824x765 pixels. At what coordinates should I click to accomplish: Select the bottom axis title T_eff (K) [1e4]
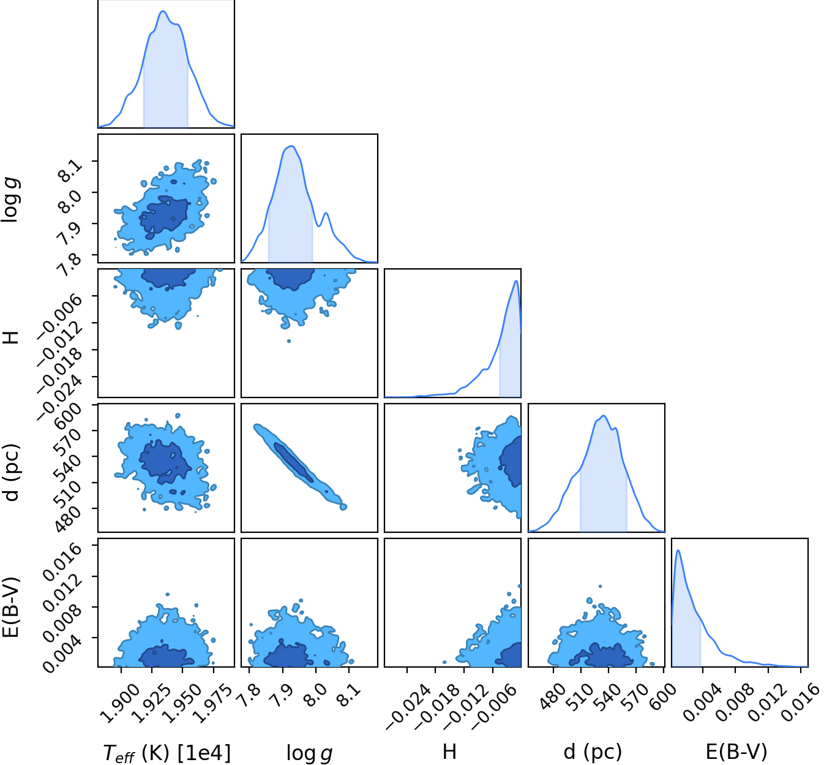coord(167,752)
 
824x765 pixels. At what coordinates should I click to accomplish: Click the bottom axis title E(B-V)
coord(736,751)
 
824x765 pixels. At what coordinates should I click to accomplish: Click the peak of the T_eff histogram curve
coord(163,11)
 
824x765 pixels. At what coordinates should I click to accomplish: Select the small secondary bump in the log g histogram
coord(326,213)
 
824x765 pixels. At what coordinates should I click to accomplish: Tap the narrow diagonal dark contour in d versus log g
coord(293,462)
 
